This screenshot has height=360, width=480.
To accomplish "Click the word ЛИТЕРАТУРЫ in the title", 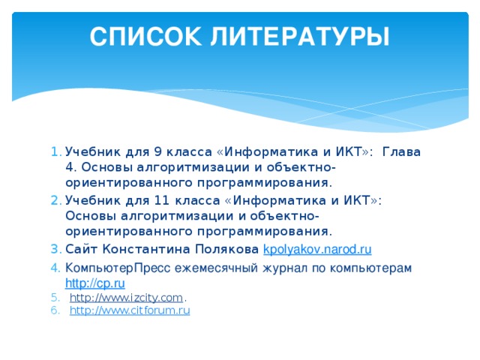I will [301, 36].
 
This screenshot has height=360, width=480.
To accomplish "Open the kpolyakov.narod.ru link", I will [317, 248].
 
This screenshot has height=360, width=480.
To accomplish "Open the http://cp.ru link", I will [94, 283].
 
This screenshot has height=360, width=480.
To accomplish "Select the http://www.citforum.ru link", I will [129, 311].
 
